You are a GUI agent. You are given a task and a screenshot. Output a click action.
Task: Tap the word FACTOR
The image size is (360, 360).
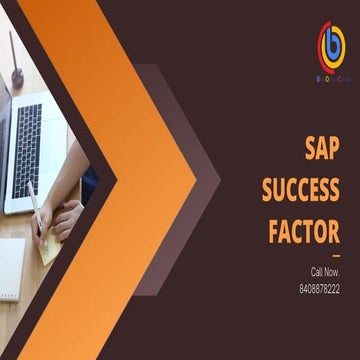click(x=305, y=231)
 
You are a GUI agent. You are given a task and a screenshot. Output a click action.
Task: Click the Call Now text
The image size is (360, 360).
click(x=324, y=272)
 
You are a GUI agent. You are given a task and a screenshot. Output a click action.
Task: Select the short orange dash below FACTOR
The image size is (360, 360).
click(x=335, y=257)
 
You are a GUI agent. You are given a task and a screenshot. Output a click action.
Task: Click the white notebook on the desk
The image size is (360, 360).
click(x=10, y=270)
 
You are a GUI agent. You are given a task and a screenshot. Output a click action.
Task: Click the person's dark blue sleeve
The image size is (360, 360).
click(x=89, y=185)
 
